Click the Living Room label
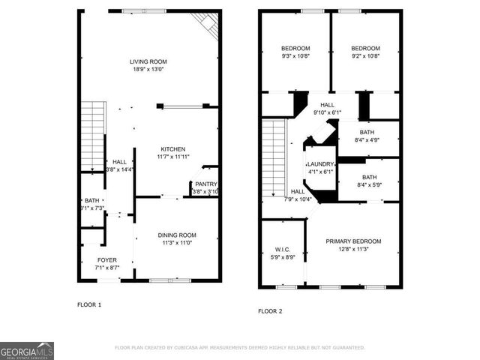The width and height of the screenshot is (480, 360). [x=148, y=61]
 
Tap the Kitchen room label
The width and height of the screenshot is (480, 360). [x=172, y=148]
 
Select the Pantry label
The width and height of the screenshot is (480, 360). [x=205, y=184]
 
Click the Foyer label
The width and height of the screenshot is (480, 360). [x=106, y=259]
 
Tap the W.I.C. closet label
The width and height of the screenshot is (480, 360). [x=283, y=249]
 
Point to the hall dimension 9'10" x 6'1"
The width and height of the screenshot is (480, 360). [x=327, y=113]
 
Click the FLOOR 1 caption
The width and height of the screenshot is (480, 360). [x=89, y=304]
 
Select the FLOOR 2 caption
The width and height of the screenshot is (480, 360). [x=270, y=310]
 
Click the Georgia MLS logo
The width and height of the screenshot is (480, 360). [x=27, y=350]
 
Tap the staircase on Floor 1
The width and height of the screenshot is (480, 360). [x=92, y=135]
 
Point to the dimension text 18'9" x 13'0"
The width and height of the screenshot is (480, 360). [x=148, y=70]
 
